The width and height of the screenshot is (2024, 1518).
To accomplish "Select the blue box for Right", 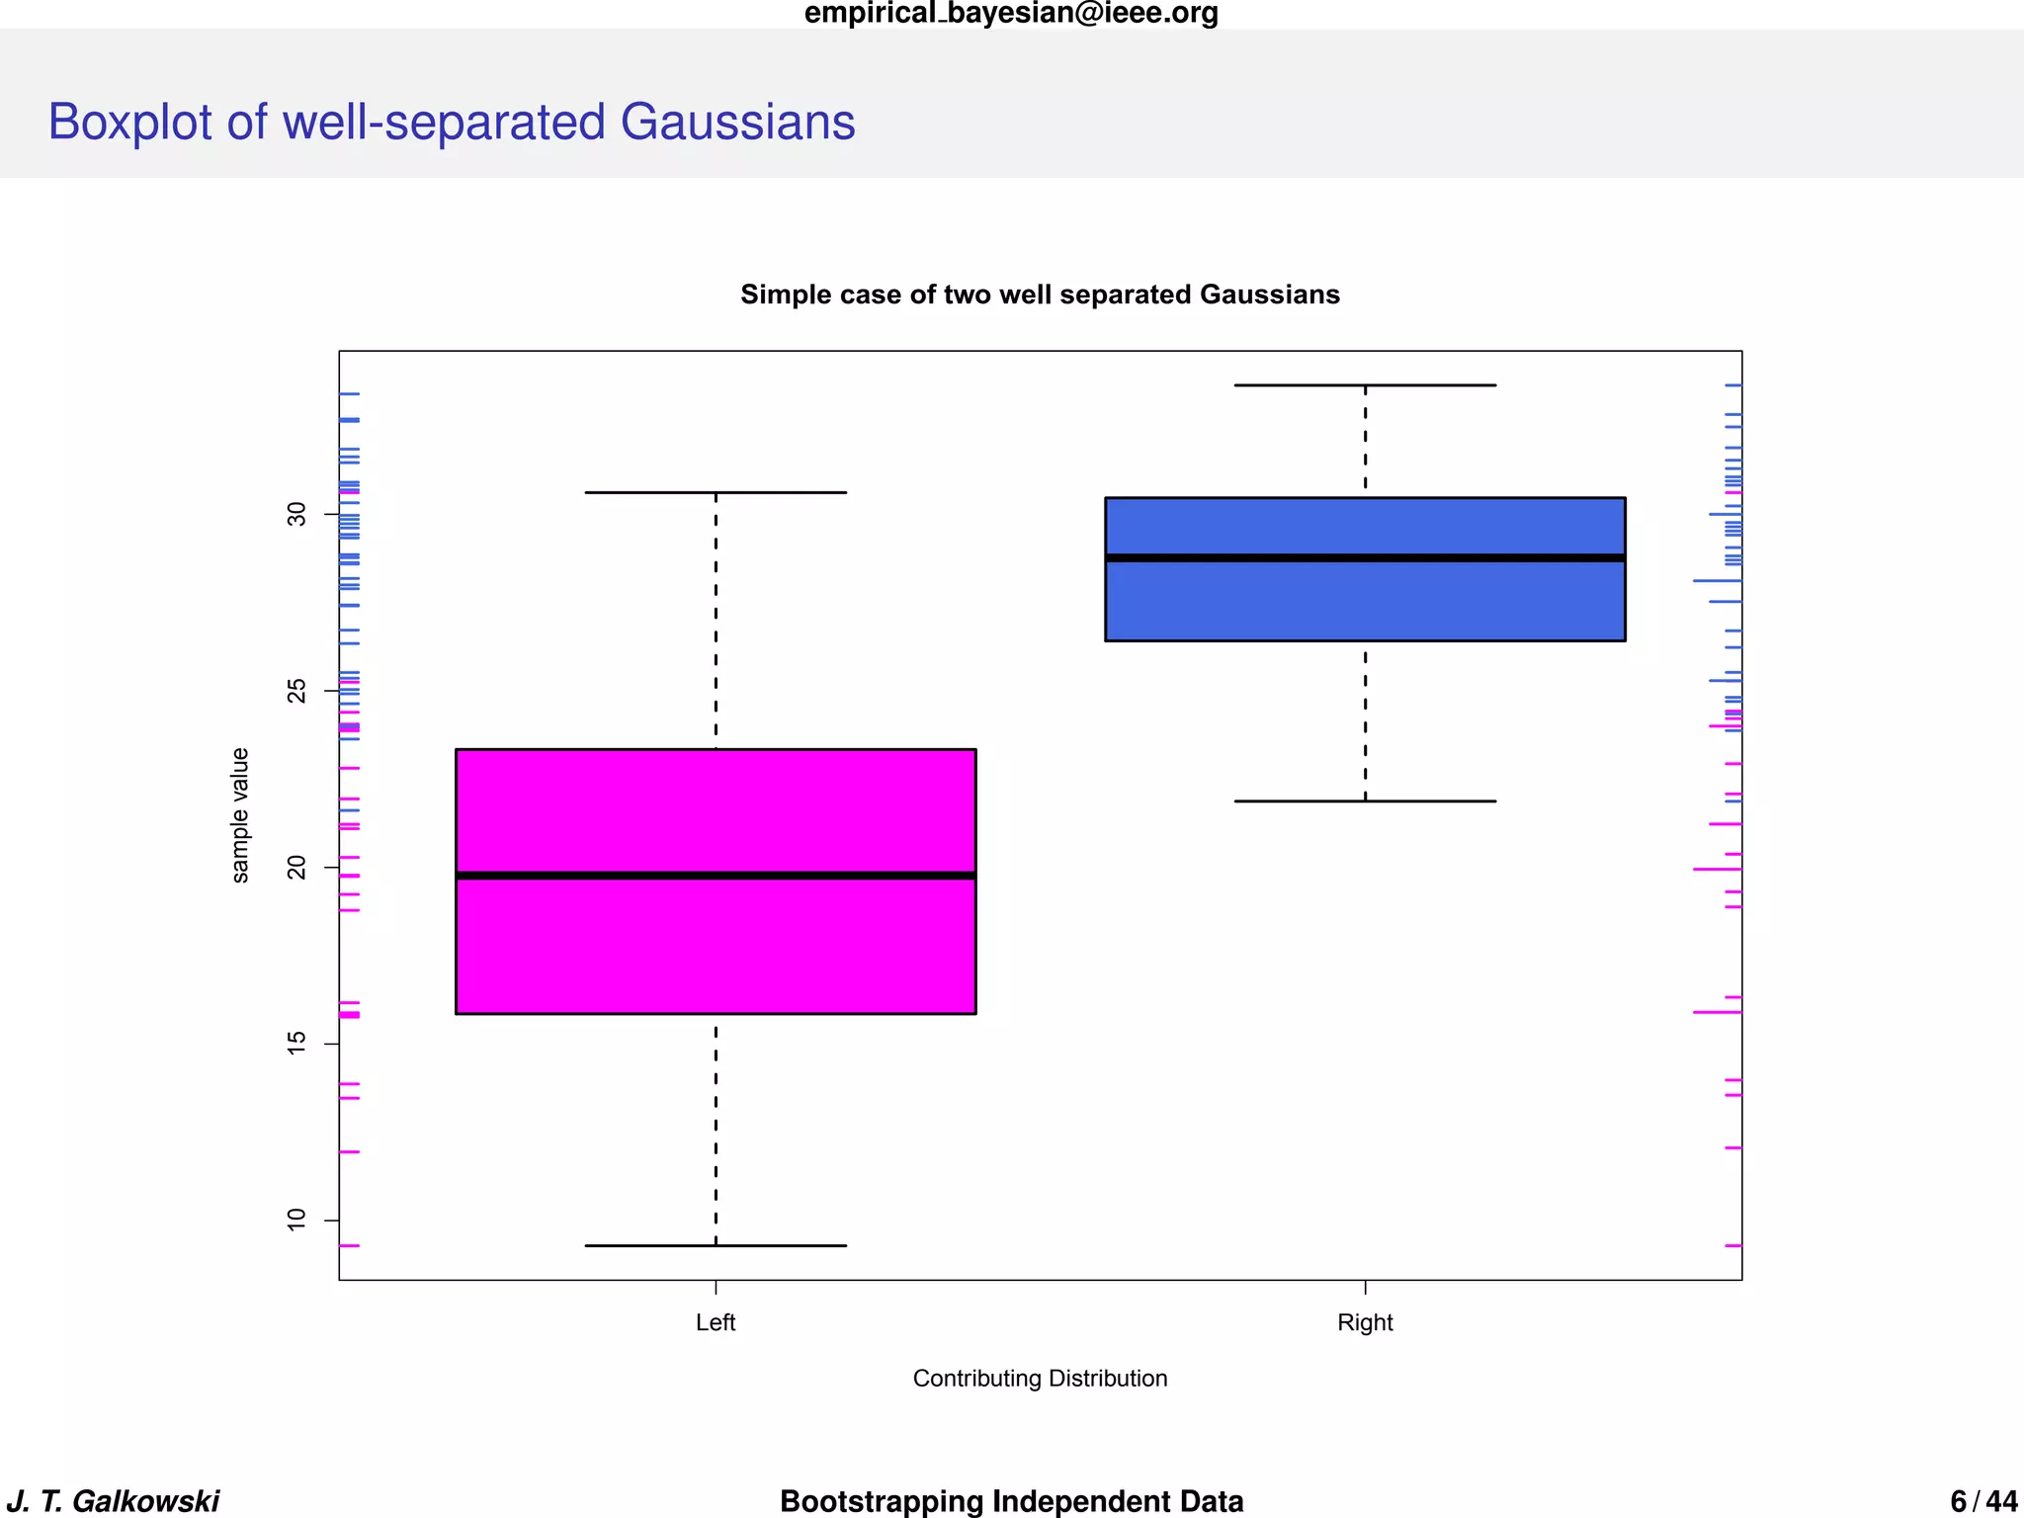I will [1365, 603].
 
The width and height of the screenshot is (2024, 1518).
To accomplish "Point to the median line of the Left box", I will [716, 876].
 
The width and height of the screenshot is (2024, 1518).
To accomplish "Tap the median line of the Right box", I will [1365, 558].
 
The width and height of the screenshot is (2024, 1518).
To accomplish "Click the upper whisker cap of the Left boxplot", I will [716, 492].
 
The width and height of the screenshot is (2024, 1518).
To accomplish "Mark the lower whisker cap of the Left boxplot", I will [716, 1245].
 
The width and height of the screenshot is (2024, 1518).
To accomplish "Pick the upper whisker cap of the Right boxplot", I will [1365, 385].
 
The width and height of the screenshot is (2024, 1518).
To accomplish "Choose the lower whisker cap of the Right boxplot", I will [1365, 801].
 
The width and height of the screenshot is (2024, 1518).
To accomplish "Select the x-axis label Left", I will [716, 1322].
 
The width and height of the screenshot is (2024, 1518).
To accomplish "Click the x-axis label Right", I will [1365, 1322].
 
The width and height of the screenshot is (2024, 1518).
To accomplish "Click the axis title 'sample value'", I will [240, 814].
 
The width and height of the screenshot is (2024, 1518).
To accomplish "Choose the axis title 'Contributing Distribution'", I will [1040, 1378].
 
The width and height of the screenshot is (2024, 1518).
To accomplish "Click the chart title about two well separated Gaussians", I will [1040, 295].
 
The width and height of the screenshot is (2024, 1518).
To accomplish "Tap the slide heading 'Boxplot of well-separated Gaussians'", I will [452, 123].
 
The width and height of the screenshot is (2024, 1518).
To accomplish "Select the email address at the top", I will [1011, 14].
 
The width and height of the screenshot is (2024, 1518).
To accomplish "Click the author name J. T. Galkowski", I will [113, 1500].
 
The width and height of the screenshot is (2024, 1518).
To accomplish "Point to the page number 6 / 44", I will [1983, 1500].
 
